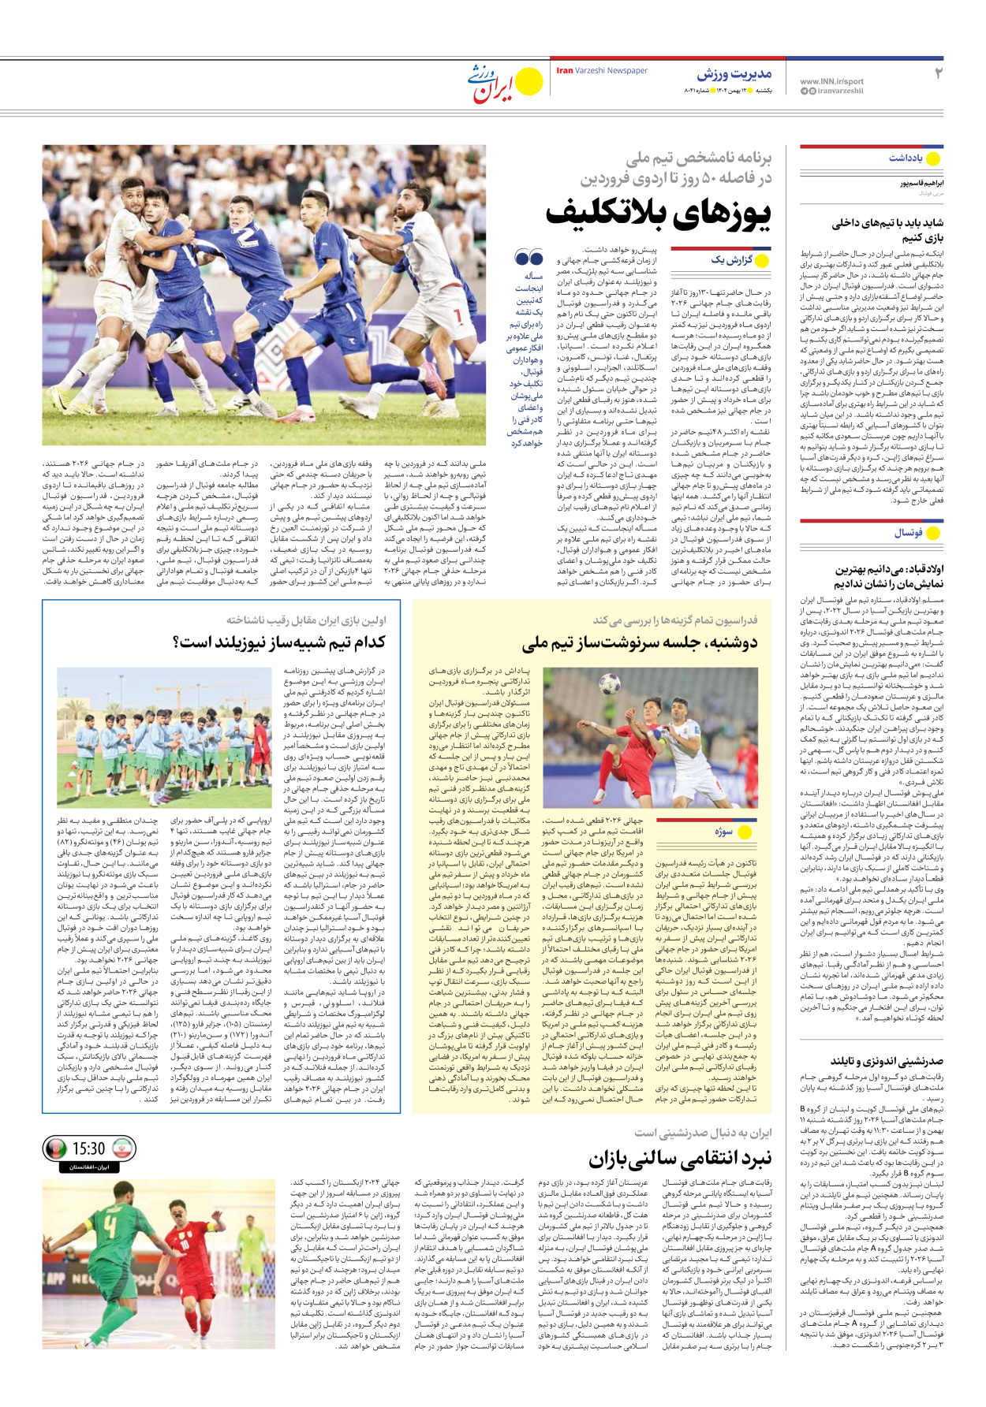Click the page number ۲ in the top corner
[939, 74]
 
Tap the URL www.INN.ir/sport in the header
[831, 81]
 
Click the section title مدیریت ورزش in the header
[734, 75]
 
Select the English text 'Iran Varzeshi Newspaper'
[602, 71]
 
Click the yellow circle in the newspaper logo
[528, 82]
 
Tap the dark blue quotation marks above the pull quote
[528, 257]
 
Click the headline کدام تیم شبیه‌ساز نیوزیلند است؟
[279, 642]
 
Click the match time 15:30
[88, 1148]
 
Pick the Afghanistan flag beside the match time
[55, 1148]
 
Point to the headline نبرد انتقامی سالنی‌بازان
[680, 1159]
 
